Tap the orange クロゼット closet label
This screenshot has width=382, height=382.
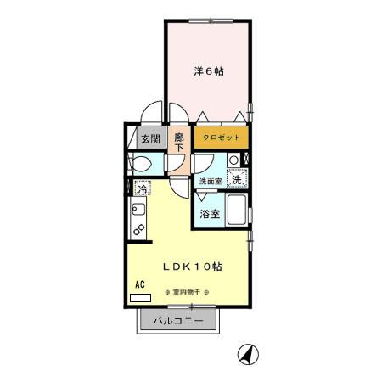coord(221,138)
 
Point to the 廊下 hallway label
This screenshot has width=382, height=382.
coord(179,141)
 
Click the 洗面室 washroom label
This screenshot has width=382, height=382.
coord(210,181)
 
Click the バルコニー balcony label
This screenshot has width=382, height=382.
coord(177,322)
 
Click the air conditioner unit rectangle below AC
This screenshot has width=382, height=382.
coord(139,299)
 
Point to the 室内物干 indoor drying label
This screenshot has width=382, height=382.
coord(186,292)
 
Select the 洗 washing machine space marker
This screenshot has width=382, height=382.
coord(239,178)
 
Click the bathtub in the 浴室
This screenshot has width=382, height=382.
coord(237,212)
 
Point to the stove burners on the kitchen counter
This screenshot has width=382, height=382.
coord(138,229)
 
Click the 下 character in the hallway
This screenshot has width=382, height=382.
coord(179,147)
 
